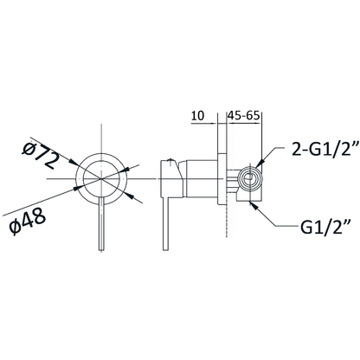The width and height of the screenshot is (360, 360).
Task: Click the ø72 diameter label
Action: coord(41,155)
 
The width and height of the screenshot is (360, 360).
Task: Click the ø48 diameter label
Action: coord(27,221)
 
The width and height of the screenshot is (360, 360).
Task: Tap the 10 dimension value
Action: coord(198,116)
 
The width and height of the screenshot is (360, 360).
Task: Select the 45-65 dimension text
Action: coord(244,116)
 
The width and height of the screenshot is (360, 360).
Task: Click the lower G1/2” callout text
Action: coord(325,228)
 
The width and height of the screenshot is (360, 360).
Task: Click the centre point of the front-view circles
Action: coord(101,179)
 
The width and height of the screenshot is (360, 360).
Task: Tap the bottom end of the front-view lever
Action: coord(101,250)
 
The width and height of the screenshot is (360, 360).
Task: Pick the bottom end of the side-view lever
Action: coord(165,249)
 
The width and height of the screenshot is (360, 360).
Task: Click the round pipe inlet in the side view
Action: coord(250,179)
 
